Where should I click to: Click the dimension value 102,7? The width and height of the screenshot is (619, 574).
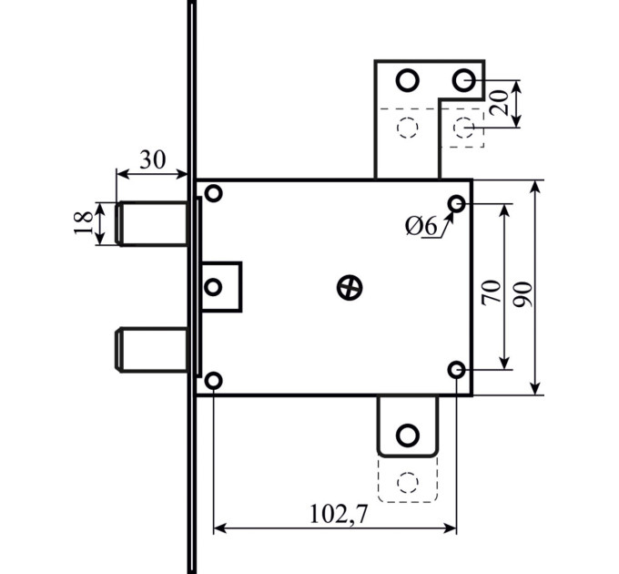(x=339, y=515)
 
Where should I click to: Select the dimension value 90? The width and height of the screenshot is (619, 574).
(x=523, y=294)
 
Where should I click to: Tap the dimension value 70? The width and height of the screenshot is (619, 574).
(x=491, y=292)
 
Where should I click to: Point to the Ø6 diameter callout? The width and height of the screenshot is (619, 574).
(x=421, y=227)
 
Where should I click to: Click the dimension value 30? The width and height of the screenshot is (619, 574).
(x=153, y=159)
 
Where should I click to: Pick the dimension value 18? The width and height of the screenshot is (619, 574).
(x=84, y=223)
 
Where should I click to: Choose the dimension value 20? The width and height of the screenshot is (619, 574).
(x=498, y=103)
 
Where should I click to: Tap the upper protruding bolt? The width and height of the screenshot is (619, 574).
(x=152, y=223)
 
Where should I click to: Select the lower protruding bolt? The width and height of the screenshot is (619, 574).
(x=152, y=350)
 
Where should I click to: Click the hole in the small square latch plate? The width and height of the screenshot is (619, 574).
(x=214, y=287)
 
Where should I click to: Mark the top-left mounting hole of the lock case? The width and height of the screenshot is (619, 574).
(x=214, y=193)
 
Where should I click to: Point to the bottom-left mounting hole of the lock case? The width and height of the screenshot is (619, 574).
(x=213, y=381)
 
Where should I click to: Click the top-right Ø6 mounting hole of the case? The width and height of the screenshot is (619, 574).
(x=457, y=204)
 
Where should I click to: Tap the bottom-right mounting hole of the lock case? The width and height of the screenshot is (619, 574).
(x=457, y=370)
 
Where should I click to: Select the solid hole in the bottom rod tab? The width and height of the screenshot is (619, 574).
(x=408, y=435)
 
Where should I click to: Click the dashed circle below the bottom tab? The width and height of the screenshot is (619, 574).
(x=408, y=482)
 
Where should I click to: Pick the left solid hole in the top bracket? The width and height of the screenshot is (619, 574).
(x=408, y=80)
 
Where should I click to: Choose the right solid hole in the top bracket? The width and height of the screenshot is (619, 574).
(x=463, y=80)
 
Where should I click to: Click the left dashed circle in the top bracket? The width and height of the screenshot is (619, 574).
(x=408, y=128)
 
